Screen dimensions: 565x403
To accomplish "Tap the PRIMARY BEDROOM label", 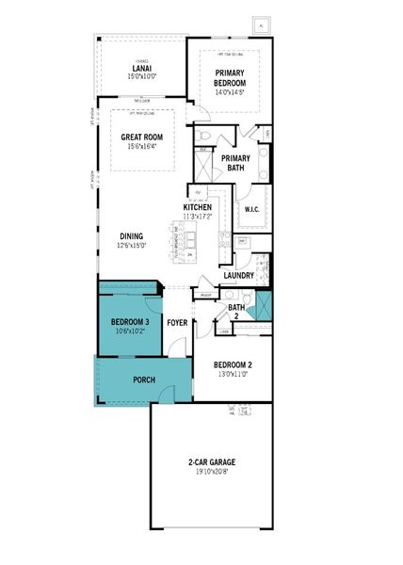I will [230, 77].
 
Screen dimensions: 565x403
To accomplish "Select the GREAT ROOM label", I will [143, 137].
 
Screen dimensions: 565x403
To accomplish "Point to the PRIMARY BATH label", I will [235, 162].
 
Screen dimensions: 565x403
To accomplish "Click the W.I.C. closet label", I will [251, 209].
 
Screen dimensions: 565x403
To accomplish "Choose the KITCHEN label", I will [198, 207].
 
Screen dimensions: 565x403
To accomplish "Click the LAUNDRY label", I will [239, 276].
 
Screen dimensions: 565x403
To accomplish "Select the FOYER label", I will [177, 323].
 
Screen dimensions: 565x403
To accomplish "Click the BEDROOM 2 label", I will [232, 364].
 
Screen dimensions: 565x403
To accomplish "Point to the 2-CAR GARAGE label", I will [212, 462].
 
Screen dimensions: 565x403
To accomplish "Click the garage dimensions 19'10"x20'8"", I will [212, 471].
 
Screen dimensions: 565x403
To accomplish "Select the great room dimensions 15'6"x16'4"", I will [143, 147].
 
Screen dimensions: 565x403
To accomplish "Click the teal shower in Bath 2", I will [263, 305].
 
